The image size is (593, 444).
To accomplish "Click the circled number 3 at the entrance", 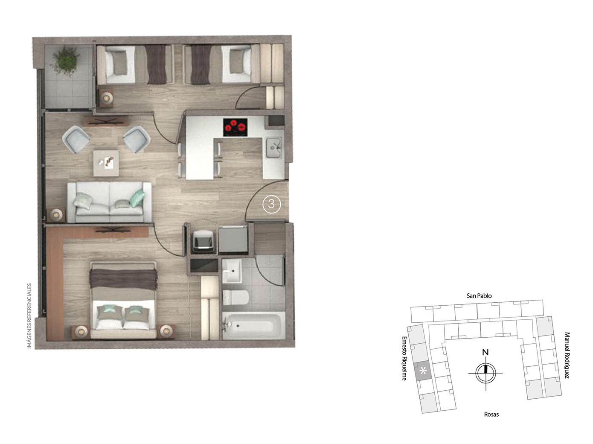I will tap(271, 204).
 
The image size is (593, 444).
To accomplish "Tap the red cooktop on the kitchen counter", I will tap(235, 127).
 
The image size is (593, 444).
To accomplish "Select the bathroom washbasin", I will tap(231, 272).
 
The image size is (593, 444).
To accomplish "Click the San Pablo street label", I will tap(479, 295).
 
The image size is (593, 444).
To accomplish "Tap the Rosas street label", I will tap(491, 414).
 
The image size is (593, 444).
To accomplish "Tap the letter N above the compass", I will tap(485, 353).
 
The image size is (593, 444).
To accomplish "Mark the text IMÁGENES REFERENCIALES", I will tap(29, 315).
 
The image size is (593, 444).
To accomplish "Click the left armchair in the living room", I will tap(77, 138).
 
